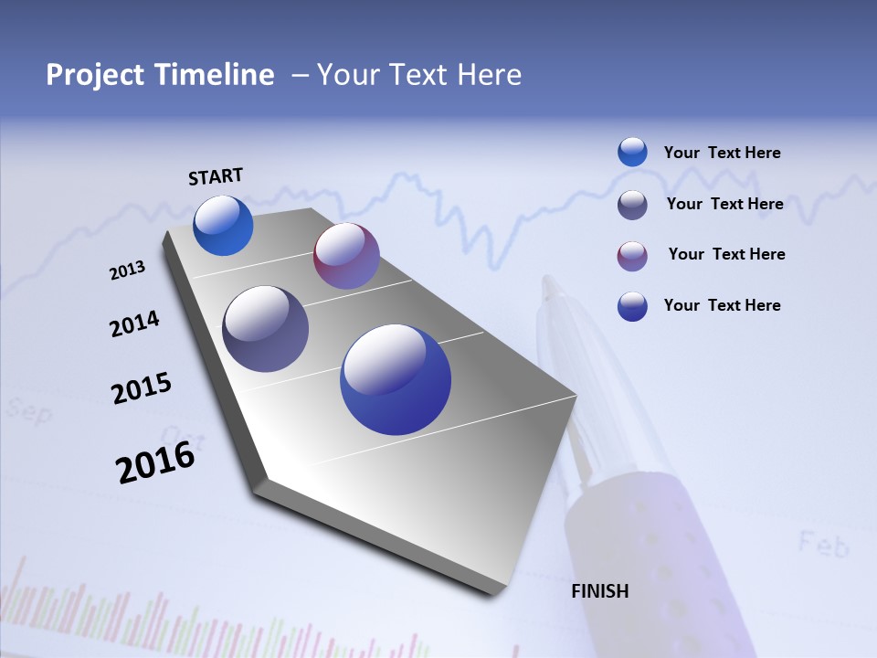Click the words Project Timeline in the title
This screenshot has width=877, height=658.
tap(160, 75)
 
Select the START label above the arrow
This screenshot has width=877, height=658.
tap(216, 176)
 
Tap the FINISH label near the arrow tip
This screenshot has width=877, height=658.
tap(600, 591)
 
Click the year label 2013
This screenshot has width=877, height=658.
tap(127, 271)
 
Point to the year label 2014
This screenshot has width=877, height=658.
tap(134, 324)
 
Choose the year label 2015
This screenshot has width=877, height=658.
tap(142, 387)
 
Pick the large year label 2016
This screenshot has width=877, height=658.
tap(155, 462)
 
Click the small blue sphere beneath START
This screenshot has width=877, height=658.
tap(223, 225)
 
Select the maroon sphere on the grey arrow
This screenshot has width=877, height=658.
tap(346, 256)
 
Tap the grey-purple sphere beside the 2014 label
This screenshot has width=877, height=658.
tap(266, 329)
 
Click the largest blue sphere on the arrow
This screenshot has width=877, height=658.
tap(396, 379)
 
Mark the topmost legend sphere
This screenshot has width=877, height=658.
tap(632, 152)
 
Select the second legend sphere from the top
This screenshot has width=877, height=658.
tap(632, 205)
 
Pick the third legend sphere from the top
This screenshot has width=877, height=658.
tap(632, 256)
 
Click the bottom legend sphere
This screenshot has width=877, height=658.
tap(632, 306)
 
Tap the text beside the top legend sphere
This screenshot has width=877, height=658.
tap(722, 153)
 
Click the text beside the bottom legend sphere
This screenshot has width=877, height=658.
tap(722, 305)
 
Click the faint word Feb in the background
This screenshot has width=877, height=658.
tap(823, 544)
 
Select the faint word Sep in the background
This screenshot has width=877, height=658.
tap(28, 410)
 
